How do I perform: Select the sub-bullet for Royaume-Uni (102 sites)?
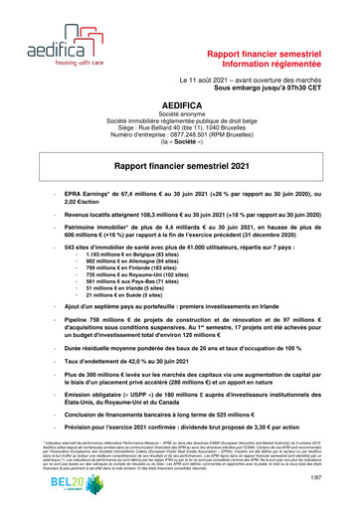[x=148, y=281]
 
